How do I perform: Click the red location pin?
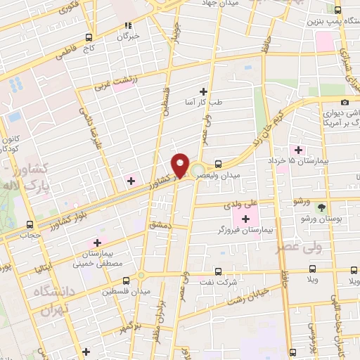tap(181, 165)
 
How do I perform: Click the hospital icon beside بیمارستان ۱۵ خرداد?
tap(299, 150)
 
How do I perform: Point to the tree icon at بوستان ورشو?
tap(321, 207)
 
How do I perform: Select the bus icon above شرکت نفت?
tap(217, 271)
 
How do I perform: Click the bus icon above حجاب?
tap(30, 225)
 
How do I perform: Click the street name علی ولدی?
tap(236, 206)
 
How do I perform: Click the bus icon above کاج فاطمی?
tap(88, 38)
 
